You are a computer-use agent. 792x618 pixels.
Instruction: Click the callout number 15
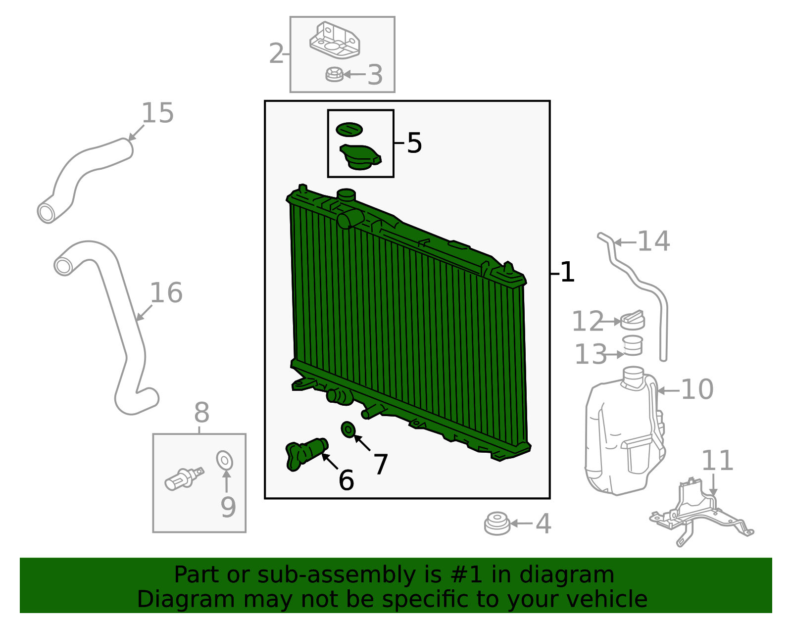(157, 113)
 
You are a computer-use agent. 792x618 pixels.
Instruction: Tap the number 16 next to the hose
(166, 293)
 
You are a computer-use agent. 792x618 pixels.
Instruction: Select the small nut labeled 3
(335, 75)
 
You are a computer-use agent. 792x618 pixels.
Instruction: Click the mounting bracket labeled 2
(334, 41)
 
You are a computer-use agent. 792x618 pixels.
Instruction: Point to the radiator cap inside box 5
(360, 157)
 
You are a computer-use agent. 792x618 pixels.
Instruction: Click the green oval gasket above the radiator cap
(349, 130)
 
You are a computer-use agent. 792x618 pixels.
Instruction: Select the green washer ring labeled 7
(348, 429)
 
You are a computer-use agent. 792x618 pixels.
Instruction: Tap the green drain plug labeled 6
(306, 452)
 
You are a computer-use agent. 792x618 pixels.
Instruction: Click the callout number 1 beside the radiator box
(567, 272)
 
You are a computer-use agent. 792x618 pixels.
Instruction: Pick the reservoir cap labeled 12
(633, 321)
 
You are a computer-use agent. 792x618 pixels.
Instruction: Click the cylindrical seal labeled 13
(633, 345)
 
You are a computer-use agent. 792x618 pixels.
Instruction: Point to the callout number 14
(653, 241)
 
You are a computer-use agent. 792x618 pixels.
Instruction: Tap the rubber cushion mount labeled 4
(497, 523)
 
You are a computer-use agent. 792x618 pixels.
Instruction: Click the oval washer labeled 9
(225, 460)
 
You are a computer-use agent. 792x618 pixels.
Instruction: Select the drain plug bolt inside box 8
(183, 478)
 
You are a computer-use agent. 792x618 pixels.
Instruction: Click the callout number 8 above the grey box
(201, 412)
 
